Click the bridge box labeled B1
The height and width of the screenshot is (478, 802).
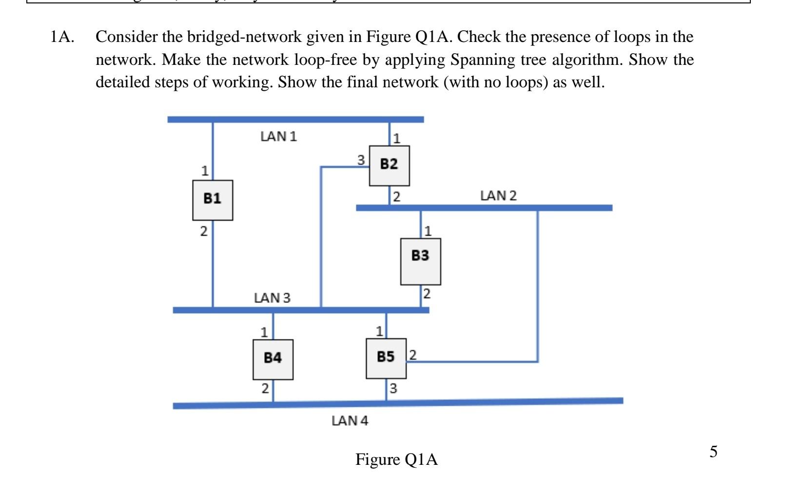(x=212, y=200)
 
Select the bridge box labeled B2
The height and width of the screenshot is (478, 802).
(x=389, y=165)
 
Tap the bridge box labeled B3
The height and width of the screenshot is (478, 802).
(x=420, y=261)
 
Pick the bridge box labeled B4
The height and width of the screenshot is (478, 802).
(x=273, y=359)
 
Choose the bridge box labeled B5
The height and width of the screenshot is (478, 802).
(x=386, y=358)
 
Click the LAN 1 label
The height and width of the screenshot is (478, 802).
(x=278, y=137)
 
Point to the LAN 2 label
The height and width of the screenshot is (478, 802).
(x=498, y=196)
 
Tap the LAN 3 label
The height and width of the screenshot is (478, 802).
(x=272, y=298)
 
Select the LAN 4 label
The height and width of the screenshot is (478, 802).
(x=350, y=420)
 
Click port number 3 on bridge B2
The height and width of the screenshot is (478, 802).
(x=361, y=160)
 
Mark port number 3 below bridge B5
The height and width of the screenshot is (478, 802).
(x=393, y=389)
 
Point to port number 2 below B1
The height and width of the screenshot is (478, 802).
(x=204, y=232)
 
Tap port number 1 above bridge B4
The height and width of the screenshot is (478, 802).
(x=263, y=333)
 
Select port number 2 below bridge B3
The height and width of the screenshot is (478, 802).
(x=427, y=294)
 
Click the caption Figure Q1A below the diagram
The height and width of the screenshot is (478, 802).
(x=396, y=459)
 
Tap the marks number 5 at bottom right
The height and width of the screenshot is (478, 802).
(x=713, y=452)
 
